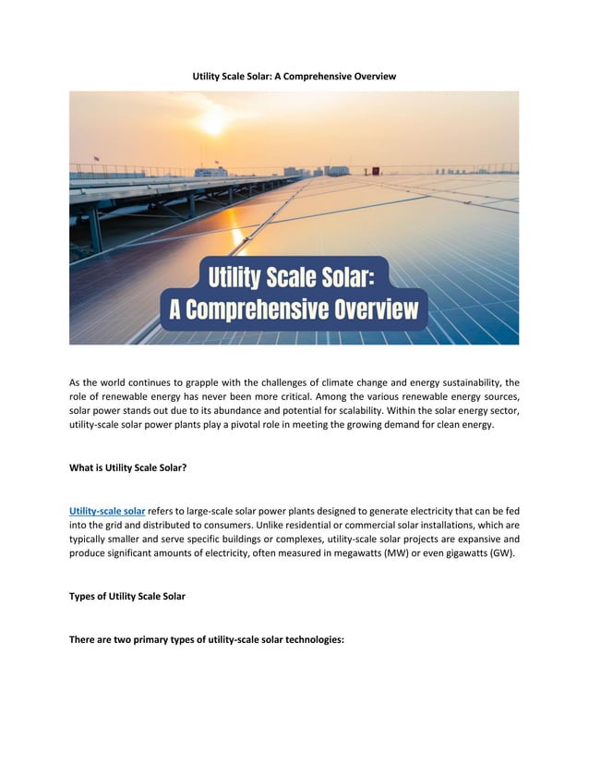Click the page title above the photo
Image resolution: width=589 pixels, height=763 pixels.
coord(294,76)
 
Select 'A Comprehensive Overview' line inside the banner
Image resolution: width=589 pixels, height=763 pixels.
coord(294,309)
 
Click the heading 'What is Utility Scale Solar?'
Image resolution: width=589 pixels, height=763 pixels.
coord(128,468)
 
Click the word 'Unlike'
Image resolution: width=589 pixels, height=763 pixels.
coord(307,525)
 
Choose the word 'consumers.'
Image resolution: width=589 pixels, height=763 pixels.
coord(268,525)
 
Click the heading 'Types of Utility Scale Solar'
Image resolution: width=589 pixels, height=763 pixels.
coord(127,596)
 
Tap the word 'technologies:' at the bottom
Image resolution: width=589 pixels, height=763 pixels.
coord(311,638)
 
